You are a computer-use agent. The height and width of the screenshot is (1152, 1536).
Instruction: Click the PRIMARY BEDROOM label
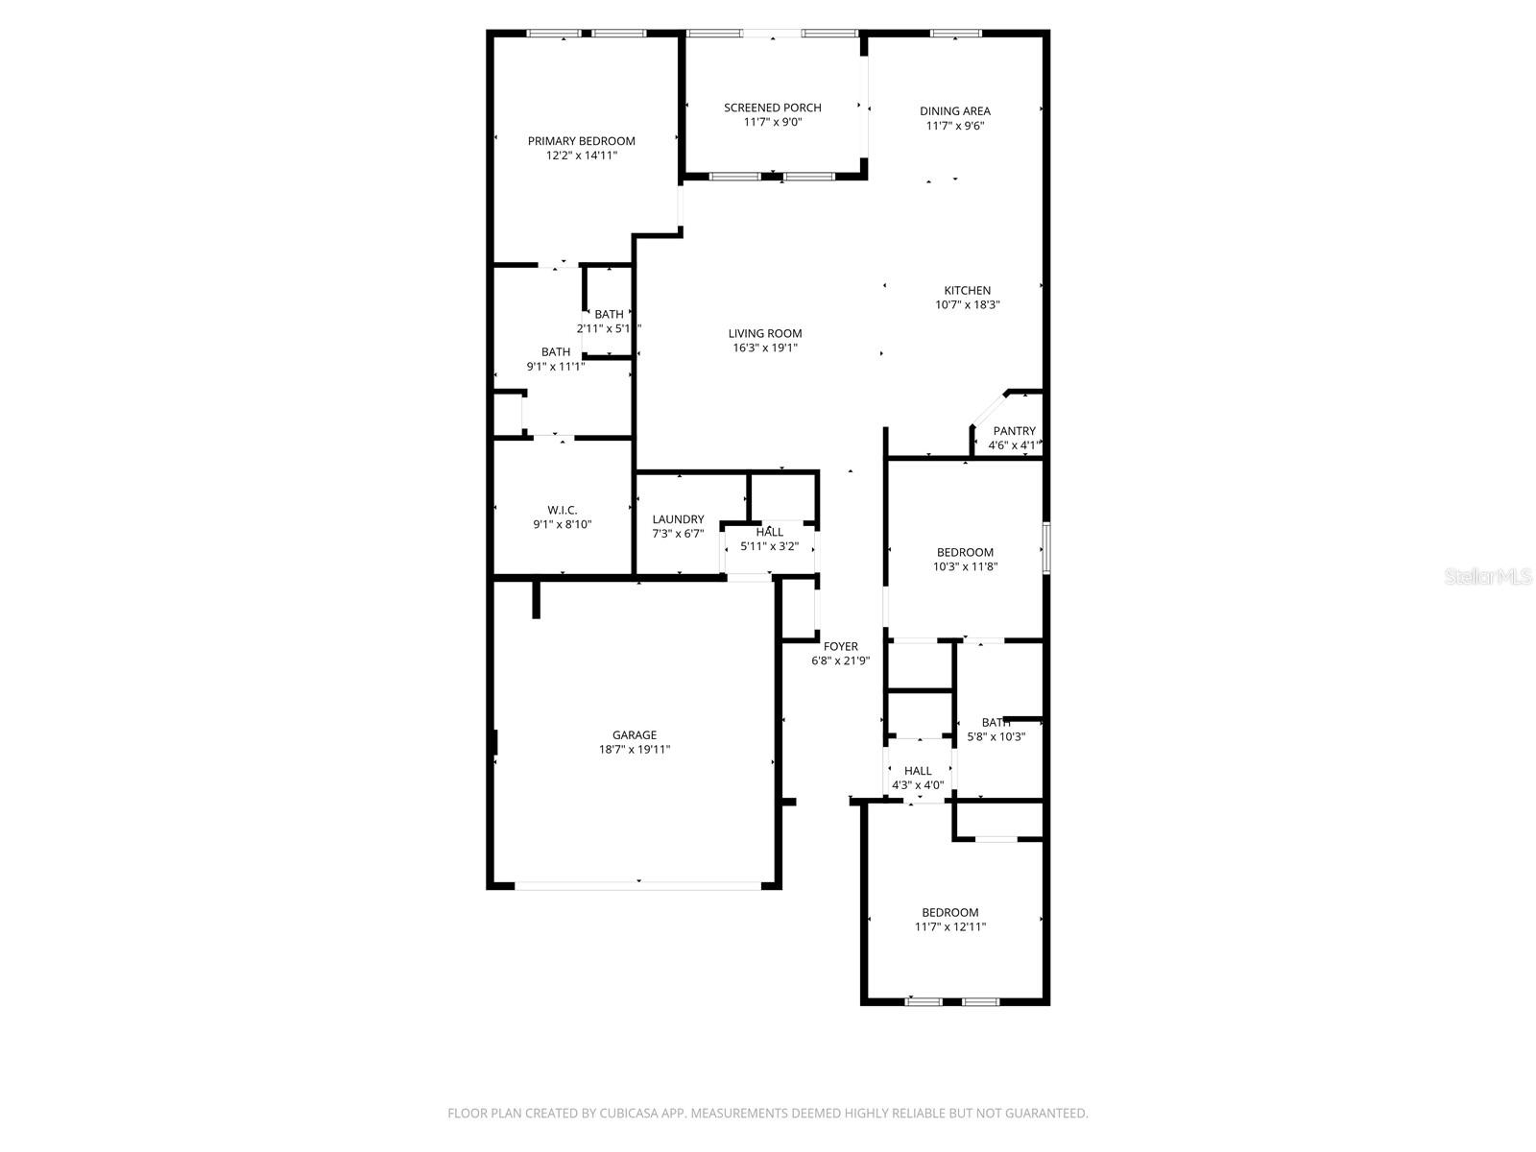pyautogui.click(x=581, y=141)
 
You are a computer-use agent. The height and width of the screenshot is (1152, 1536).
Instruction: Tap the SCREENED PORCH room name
pyautogui.click(x=772, y=108)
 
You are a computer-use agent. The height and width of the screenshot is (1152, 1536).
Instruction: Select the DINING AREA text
pyautogui.click(x=954, y=111)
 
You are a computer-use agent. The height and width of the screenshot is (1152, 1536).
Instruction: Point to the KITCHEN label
pyautogui.click(x=967, y=291)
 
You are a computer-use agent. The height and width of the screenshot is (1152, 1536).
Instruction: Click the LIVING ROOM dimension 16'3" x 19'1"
pyautogui.click(x=764, y=348)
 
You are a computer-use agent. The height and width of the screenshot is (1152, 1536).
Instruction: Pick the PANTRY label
pyautogui.click(x=1014, y=431)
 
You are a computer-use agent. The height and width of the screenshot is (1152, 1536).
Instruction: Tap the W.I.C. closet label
pyautogui.click(x=562, y=510)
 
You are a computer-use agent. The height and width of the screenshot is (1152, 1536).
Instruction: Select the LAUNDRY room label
pyautogui.click(x=678, y=519)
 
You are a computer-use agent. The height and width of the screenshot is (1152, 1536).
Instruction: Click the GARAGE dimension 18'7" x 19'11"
pyautogui.click(x=635, y=750)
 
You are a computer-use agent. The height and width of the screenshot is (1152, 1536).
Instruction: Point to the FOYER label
pyautogui.click(x=840, y=646)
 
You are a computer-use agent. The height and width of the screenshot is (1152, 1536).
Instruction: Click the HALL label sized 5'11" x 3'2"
pyautogui.click(x=769, y=532)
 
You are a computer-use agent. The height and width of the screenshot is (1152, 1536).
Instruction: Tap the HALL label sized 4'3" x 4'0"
pyautogui.click(x=918, y=770)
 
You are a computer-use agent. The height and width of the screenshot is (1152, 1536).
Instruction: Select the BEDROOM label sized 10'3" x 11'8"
pyautogui.click(x=965, y=552)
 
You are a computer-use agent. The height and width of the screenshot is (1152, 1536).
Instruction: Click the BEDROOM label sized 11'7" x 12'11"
pyautogui.click(x=949, y=912)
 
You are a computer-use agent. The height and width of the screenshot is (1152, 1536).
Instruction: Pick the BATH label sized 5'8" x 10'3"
pyautogui.click(x=996, y=722)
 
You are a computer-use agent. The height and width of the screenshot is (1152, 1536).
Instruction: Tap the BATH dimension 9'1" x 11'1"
pyautogui.click(x=555, y=366)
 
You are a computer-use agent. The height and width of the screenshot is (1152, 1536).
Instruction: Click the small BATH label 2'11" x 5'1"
pyautogui.click(x=609, y=314)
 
